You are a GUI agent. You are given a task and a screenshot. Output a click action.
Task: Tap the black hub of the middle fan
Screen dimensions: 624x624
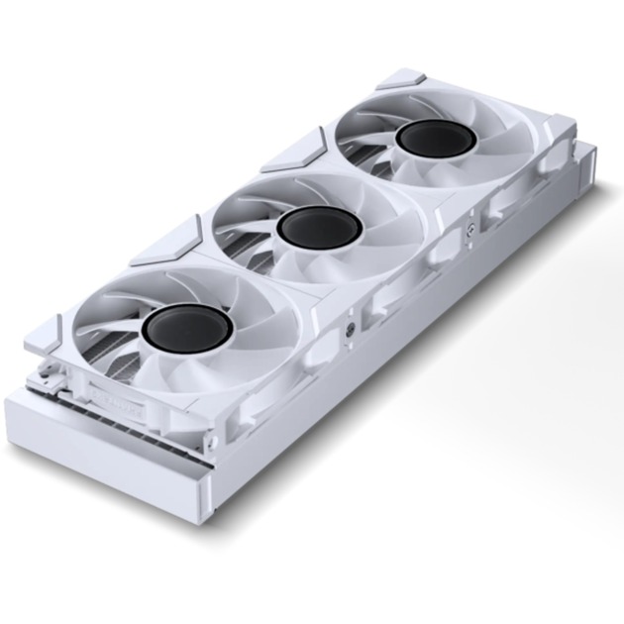[318, 228]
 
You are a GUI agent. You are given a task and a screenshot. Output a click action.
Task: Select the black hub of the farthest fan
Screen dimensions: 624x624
[433, 139]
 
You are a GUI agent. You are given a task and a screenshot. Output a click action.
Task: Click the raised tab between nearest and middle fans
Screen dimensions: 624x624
[166, 241]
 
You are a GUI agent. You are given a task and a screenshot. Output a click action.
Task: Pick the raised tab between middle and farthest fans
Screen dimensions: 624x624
[294, 150]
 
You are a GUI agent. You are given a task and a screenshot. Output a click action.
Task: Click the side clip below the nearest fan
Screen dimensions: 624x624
[317, 347]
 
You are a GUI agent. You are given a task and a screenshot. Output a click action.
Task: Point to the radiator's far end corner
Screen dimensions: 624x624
[591, 149]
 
